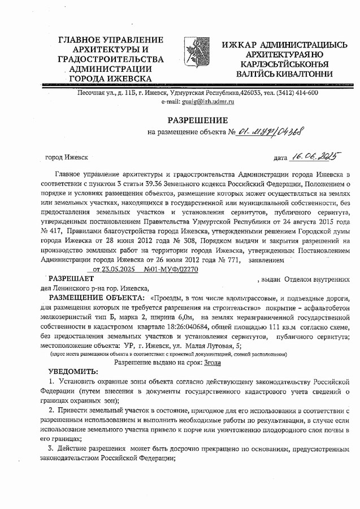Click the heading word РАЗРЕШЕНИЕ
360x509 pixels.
click(x=197, y=120)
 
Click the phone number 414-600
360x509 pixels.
click(x=305, y=93)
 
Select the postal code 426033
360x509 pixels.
click(x=252, y=93)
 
